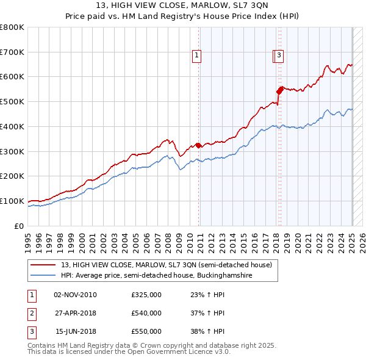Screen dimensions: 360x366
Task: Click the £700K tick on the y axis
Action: (12, 52)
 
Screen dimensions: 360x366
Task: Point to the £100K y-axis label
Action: (12, 201)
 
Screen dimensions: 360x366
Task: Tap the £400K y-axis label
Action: (12, 126)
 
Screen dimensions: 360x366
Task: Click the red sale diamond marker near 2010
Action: (199, 145)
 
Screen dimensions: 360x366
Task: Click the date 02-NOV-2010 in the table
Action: (75, 295)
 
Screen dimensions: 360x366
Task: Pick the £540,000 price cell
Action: (146, 313)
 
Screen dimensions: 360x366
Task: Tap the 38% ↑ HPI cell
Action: (209, 331)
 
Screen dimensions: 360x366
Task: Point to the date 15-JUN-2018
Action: (75, 331)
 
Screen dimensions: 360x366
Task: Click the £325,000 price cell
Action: (146, 295)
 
